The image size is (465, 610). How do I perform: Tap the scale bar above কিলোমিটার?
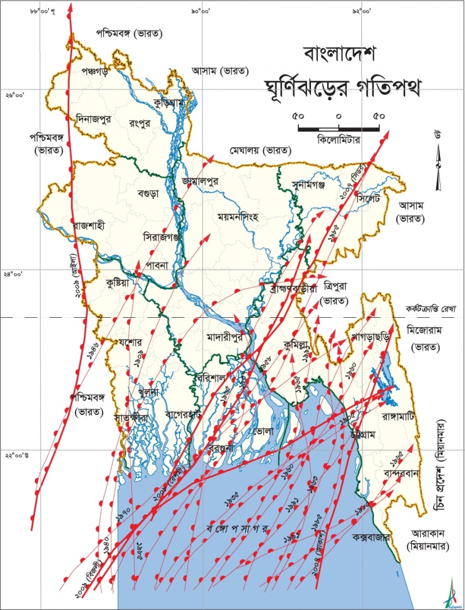click(339, 127)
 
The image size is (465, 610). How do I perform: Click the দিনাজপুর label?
click(97, 119)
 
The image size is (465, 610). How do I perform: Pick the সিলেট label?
click(371, 199)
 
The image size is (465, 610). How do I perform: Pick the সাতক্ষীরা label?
click(131, 417)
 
